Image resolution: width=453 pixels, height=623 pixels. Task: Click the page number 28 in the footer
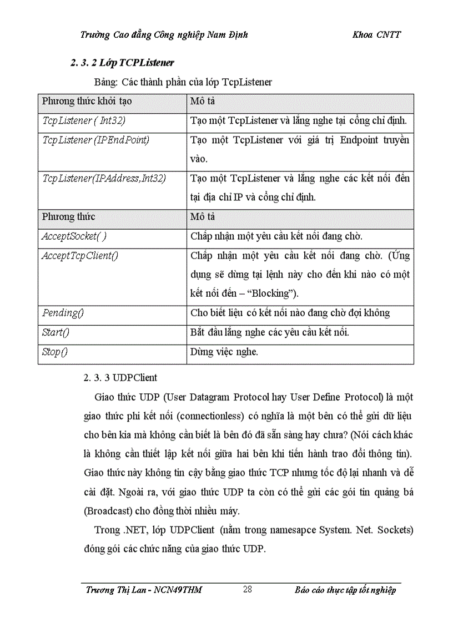[247, 589]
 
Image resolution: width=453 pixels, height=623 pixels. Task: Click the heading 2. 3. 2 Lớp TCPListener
[123, 63]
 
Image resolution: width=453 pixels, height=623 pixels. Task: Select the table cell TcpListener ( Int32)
[80, 120]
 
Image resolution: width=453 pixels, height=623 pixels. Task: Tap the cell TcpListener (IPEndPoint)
[95, 140]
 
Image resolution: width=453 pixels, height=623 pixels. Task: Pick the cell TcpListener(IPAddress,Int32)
[104, 178]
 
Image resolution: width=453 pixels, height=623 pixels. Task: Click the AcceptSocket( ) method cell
[74, 236]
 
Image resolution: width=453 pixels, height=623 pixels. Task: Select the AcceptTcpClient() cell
[80, 255]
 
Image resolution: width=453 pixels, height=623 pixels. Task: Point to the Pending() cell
[63, 313]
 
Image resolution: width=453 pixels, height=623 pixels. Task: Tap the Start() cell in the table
[56, 332]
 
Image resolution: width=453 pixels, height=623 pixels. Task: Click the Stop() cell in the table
[55, 352]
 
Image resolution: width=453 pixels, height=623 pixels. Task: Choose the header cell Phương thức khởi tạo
[87, 102]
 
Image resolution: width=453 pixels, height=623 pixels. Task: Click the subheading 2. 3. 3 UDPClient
[120, 378]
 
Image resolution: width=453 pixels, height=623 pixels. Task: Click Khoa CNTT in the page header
[376, 34]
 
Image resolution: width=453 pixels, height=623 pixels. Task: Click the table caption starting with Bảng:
[183, 82]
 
